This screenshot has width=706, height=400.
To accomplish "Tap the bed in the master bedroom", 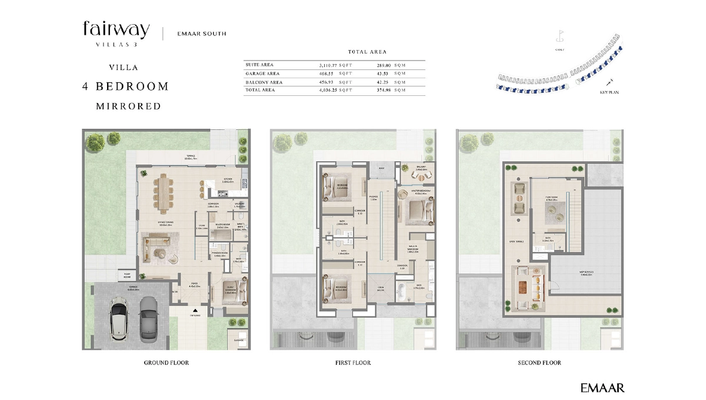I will coord(416,209).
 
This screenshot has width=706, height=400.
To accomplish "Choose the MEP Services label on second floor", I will coord(584,273).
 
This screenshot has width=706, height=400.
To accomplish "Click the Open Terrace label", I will coord(516,241).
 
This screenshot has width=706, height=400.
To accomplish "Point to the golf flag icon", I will coord(561,36).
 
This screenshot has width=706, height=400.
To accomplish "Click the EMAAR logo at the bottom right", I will coord(602,388).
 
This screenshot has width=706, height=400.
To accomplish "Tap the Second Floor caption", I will coord(539,363).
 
